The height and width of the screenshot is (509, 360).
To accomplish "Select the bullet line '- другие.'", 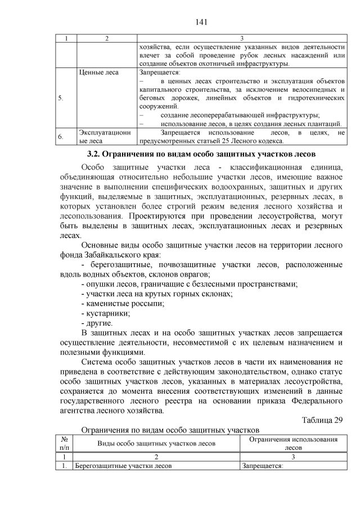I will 97,323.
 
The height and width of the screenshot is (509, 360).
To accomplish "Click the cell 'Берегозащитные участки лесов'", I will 123,466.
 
